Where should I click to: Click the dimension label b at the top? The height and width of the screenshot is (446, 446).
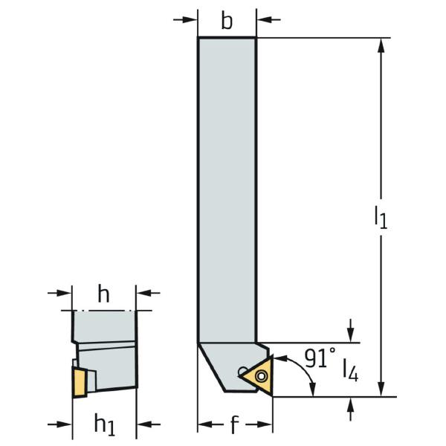227,21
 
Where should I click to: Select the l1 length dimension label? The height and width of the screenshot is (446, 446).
381,217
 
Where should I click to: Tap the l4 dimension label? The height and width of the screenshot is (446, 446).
350,369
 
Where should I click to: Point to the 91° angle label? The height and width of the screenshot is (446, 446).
320,358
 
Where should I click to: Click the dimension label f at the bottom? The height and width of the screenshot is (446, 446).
234,424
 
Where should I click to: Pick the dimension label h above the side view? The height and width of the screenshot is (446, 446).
103,294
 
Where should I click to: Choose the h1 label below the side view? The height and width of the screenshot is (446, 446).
105,425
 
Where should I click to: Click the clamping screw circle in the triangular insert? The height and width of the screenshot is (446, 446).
261,376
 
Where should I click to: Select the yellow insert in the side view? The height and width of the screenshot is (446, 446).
80,382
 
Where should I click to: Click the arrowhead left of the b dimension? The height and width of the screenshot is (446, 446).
190,20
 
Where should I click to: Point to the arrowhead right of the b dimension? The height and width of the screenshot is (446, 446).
264,20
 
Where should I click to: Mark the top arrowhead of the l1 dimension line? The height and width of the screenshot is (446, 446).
381,45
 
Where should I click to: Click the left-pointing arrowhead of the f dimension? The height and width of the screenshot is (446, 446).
205,424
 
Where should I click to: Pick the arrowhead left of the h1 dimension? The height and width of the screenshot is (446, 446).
64,424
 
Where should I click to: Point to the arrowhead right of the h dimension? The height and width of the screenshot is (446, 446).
144,293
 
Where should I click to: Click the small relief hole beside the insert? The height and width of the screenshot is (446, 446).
242,371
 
